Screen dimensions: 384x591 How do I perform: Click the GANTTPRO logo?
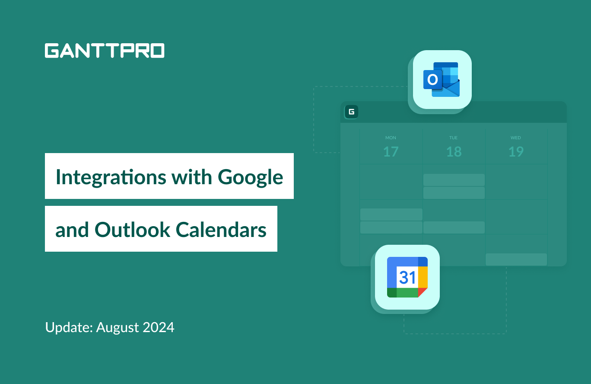(104, 51)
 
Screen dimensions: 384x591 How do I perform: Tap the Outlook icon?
(442, 80)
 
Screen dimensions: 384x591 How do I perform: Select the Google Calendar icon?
(407, 277)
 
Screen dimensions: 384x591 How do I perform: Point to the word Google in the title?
(250, 177)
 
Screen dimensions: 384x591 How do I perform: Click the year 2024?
(160, 327)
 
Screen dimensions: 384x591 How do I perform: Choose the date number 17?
(391, 152)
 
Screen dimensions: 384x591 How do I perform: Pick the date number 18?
(454, 152)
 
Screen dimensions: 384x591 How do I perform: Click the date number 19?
(516, 152)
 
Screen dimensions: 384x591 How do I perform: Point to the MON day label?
(391, 138)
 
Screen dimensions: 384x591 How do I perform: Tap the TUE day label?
(453, 138)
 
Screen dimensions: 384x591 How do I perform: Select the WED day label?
(516, 138)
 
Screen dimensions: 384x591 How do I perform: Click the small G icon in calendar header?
(352, 112)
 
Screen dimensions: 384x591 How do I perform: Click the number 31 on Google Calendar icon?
(407, 277)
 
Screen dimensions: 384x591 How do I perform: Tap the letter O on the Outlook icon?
(432, 80)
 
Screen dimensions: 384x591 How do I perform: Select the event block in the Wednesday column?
(516, 259)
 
